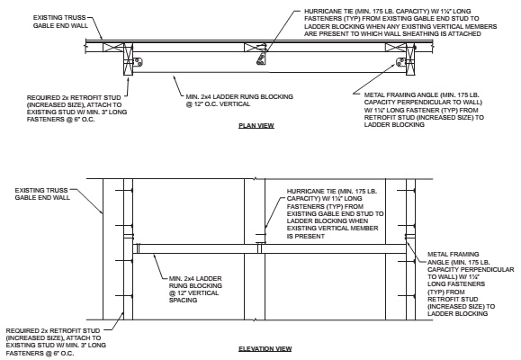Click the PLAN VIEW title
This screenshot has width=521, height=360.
coord(256,125)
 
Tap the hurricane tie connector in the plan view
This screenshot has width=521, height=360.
coord(260,59)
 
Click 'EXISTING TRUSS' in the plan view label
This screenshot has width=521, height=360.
coord(54,16)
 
